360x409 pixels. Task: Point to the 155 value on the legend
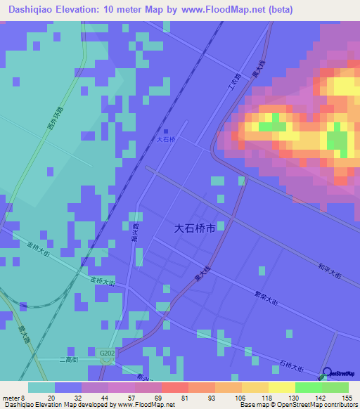(x=347, y=397)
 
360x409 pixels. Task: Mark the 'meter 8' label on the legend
(x=13, y=397)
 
